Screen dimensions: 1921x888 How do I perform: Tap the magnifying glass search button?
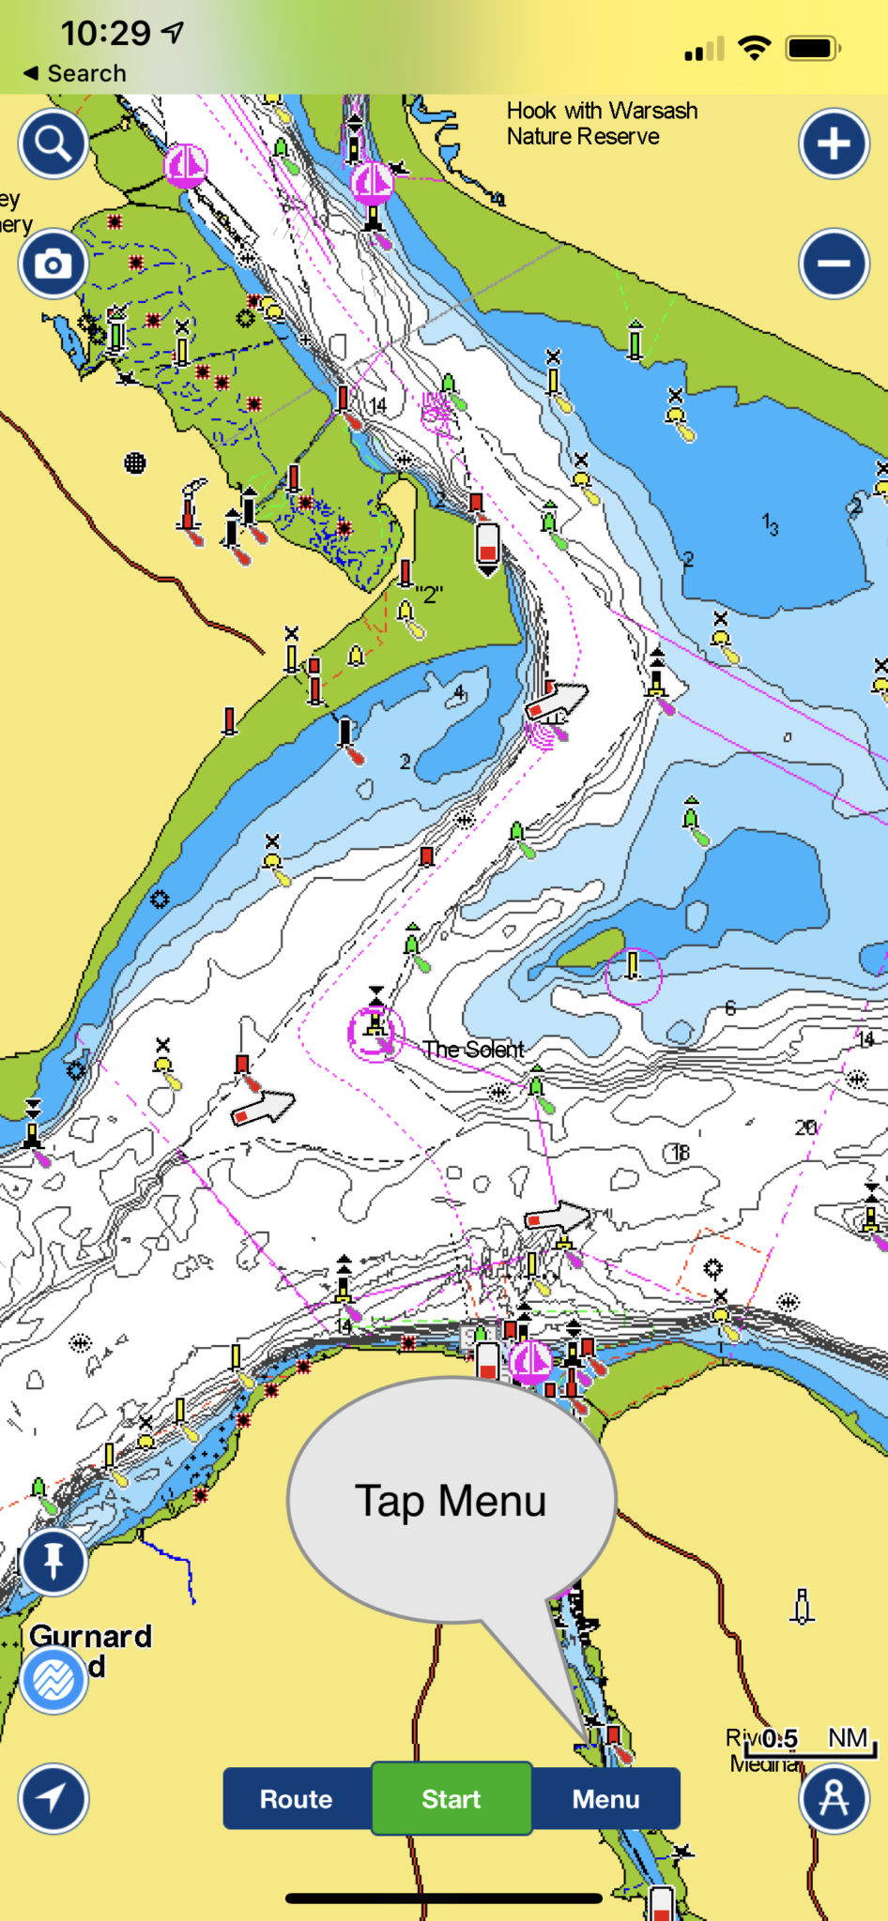tap(54, 144)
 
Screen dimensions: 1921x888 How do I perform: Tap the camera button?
tap(54, 264)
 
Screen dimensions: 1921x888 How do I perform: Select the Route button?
tap(297, 1798)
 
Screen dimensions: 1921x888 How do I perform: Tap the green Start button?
tap(452, 1798)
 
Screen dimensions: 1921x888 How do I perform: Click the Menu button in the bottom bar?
tap(606, 1798)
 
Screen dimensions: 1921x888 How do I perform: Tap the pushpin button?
tap(54, 1561)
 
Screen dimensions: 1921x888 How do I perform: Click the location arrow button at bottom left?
tap(54, 1798)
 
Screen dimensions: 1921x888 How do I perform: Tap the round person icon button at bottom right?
tap(834, 1798)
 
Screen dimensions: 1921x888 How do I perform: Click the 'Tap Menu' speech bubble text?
tap(451, 1501)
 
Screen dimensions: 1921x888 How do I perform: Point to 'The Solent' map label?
tap(473, 1049)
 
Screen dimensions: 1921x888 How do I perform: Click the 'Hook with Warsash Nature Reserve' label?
tap(601, 124)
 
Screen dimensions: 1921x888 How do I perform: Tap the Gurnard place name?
tap(90, 1636)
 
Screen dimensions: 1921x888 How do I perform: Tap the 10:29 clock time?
tap(105, 34)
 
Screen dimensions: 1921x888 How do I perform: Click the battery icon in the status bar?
tap(812, 48)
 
